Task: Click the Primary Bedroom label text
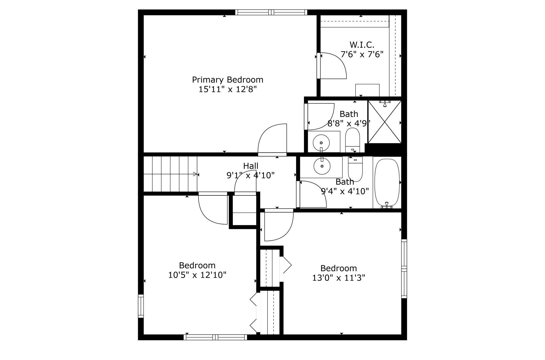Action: pos(227,80)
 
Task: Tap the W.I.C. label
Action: pos(362,45)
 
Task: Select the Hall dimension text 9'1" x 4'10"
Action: pos(250,175)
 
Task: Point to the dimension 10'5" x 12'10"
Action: pos(197,275)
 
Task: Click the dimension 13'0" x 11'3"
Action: pos(339,278)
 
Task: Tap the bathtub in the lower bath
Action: pos(387,183)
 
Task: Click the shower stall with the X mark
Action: pos(385,122)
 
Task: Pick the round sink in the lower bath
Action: pos(322,166)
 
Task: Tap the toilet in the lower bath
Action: pos(355,169)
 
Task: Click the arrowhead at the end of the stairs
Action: pos(195,174)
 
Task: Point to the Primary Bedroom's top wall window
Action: pos(271,12)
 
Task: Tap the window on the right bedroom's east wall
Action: pos(404,269)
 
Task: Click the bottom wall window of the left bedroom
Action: pos(215,337)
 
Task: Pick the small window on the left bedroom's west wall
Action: pos(141,306)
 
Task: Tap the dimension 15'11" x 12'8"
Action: pos(227,89)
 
